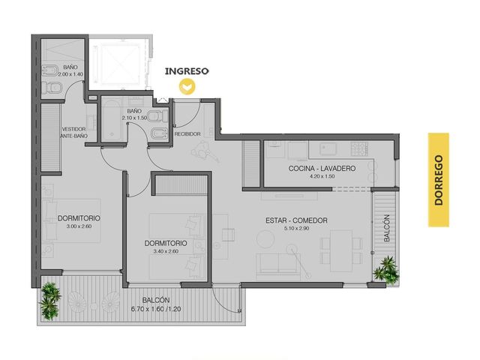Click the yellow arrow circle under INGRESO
coord(187,87)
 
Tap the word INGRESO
coord(187,71)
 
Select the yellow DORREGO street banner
coord(438,180)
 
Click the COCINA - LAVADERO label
coord(322,168)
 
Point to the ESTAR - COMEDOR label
coord(296,220)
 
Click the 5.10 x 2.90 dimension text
coord(296,228)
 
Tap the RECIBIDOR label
coord(187,134)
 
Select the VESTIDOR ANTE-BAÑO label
coord(73,133)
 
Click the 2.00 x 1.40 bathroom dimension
coord(70,74)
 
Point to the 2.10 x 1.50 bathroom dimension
coord(134,118)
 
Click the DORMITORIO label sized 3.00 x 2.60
coord(79,218)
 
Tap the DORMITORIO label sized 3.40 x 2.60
coord(166,243)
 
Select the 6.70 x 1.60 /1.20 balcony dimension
coord(156,309)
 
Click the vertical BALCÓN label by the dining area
coord(387,228)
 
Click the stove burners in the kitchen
coord(360,148)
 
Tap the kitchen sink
coord(328,148)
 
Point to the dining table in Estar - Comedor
coord(341,250)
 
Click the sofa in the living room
coord(278,262)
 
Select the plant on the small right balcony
coord(386,270)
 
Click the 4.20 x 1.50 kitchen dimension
coord(322,176)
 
